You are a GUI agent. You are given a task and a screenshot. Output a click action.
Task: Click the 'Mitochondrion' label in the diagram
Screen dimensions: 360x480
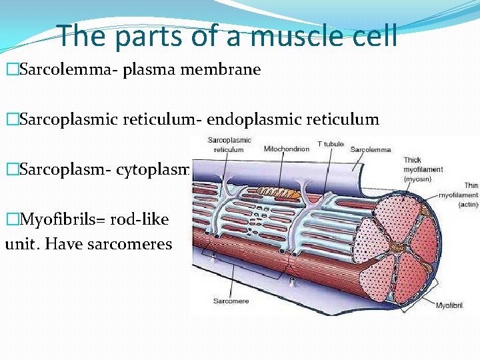pos(287,149)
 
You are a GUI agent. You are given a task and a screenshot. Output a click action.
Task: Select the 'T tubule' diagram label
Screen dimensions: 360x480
pos(331,144)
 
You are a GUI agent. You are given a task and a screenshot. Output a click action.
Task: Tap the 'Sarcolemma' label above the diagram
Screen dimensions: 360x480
pos(371,149)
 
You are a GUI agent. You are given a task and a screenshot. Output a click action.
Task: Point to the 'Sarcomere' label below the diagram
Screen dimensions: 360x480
pos(231,301)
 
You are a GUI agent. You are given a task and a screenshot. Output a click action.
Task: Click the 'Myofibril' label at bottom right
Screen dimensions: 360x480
pos(450,305)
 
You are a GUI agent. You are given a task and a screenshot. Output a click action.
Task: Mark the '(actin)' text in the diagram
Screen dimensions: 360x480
pos(468,204)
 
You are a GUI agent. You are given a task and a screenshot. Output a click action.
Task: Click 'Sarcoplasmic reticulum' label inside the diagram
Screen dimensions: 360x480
pos(229,145)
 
